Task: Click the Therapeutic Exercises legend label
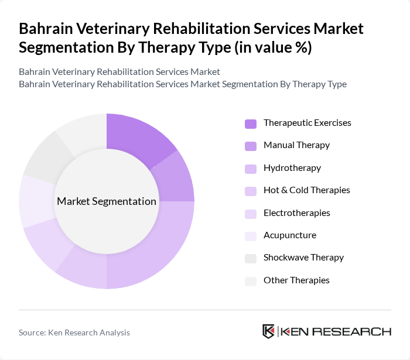(x=307, y=123)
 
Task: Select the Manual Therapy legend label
(x=296, y=145)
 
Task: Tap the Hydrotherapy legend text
(x=292, y=168)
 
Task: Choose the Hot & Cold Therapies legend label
(x=306, y=190)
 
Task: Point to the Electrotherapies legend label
(x=296, y=213)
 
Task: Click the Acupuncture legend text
(x=289, y=235)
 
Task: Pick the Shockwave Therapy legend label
(x=303, y=258)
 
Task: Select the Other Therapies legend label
(x=296, y=280)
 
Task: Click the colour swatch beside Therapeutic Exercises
(x=250, y=124)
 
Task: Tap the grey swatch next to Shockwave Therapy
(x=250, y=258)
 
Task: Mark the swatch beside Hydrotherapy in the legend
(x=250, y=169)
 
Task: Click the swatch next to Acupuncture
(x=250, y=236)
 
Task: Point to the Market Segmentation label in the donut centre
(x=107, y=201)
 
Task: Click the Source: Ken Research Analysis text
(x=74, y=332)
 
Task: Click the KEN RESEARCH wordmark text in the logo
(x=336, y=331)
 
